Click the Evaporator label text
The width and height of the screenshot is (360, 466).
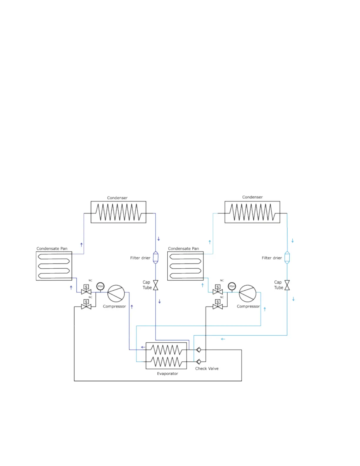click(x=167, y=374)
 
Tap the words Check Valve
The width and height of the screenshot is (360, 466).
click(x=207, y=368)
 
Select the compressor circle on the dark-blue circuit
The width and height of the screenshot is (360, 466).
click(x=116, y=293)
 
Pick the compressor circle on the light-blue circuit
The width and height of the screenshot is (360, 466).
click(x=248, y=293)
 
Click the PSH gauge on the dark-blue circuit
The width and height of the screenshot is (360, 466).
click(x=100, y=286)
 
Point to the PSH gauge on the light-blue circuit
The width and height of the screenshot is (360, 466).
click(x=232, y=286)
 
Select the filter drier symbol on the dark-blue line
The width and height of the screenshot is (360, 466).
click(x=156, y=257)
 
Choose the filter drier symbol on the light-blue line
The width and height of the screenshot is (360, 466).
click(x=287, y=257)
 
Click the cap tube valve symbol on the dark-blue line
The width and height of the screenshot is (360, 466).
click(x=156, y=285)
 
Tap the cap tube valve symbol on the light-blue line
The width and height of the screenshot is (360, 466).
click(x=287, y=285)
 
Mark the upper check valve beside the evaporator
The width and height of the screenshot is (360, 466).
click(x=199, y=350)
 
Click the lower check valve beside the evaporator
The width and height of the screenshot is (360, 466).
click(x=199, y=362)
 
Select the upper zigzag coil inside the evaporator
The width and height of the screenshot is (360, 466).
click(x=166, y=350)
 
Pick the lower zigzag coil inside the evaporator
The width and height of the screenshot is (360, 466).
click(x=166, y=362)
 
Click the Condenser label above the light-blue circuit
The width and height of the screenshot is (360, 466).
click(x=252, y=197)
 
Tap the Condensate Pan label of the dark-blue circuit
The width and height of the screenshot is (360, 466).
click(x=52, y=249)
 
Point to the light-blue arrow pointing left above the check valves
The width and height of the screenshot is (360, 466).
click(x=223, y=339)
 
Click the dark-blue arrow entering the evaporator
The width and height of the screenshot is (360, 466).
click(x=143, y=347)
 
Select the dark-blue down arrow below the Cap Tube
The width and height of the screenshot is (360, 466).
click(x=159, y=302)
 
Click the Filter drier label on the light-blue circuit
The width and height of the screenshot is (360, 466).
click(x=272, y=258)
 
